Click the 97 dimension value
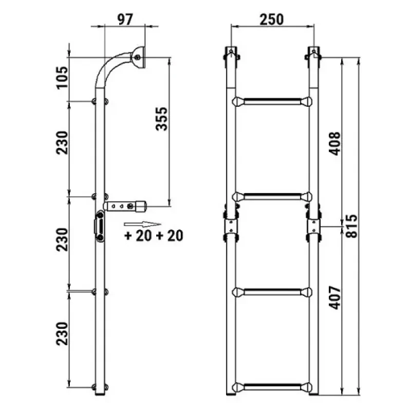(x=125, y=20)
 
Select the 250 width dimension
(x=272, y=20)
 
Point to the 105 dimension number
(x=62, y=78)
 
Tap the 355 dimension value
(x=161, y=119)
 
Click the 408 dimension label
(x=335, y=144)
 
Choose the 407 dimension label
(x=335, y=298)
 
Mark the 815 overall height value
(x=351, y=226)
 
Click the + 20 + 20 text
(x=154, y=236)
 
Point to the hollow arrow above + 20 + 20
(x=142, y=224)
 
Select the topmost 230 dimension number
(x=62, y=143)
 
